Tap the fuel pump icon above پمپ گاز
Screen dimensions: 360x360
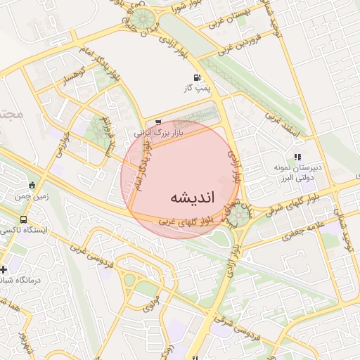(x=195, y=77)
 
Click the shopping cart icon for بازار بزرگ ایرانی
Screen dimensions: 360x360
(x=157, y=121)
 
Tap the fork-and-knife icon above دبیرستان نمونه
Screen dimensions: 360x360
(x=297, y=156)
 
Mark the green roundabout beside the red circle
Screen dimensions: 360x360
(x=239, y=214)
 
